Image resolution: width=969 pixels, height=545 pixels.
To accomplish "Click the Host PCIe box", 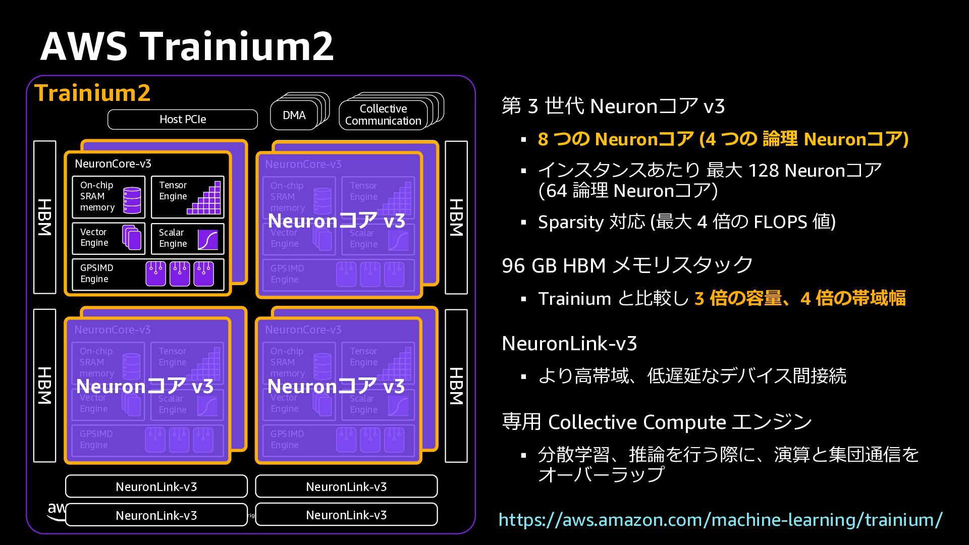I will click(182, 120).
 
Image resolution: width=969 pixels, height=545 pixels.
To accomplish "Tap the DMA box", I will click(294, 116).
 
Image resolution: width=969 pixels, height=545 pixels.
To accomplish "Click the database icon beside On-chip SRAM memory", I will click(132, 200).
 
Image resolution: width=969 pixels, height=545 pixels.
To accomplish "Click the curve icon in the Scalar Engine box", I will click(207, 240).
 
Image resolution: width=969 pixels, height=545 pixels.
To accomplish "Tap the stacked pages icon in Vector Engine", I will click(132, 237).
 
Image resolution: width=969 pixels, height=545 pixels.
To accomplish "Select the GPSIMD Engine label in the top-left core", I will click(96, 274).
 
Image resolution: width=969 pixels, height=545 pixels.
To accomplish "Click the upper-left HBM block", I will click(45, 217).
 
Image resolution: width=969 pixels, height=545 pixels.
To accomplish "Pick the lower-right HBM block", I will click(456, 386).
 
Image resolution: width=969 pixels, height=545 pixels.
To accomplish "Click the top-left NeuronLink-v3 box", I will click(156, 486).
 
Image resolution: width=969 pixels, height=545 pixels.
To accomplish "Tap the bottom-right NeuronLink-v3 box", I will click(346, 515).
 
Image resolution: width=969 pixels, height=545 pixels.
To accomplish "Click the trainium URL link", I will click(720, 520).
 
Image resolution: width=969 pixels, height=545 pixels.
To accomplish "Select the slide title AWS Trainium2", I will click(187, 46).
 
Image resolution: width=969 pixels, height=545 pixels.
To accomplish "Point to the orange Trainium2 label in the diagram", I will click(92, 93).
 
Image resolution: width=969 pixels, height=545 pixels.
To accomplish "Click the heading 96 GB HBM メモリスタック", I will click(627, 265).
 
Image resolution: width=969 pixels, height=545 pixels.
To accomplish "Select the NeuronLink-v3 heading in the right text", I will click(569, 344).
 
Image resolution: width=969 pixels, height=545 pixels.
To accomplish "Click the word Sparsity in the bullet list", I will click(571, 222).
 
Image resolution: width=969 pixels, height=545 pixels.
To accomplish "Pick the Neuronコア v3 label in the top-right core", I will click(336, 221).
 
